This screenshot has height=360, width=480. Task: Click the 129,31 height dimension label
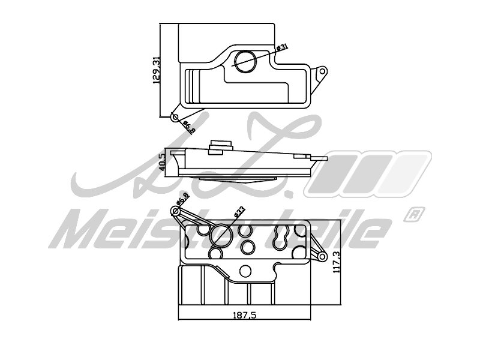point(157,70)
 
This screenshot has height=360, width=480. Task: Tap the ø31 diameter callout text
point(283,47)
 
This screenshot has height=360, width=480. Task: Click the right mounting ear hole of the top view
point(322,71)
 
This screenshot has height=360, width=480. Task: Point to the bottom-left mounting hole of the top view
point(175,117)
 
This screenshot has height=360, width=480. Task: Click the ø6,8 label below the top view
point(188,126)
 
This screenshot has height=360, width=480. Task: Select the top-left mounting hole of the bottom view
point(176,210)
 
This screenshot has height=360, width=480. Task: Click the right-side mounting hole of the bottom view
point(322,258)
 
